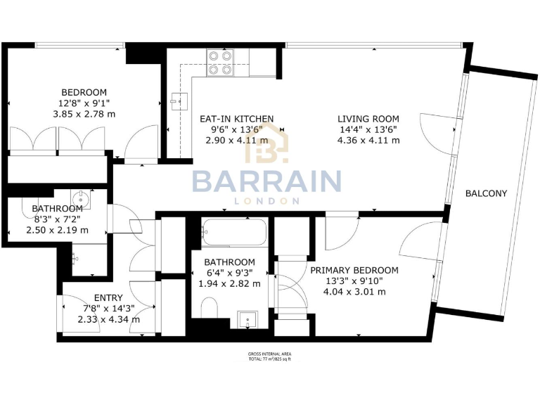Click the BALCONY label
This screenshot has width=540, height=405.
click(x=486, y=193)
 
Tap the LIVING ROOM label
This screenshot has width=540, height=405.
click(x=368, y=119)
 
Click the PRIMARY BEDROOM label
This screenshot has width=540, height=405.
click(x=354, y=270)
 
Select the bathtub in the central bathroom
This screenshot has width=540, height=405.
click(x=234, y=230)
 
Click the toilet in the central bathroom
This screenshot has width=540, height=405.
click(x=209, y=307)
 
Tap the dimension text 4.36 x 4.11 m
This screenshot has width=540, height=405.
click(x=368, y=140)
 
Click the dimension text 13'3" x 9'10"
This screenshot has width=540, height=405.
click(x=354, y=281)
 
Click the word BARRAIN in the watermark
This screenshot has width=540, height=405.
click(x=267, y=181)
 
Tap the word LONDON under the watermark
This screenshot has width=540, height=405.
click(x=267, y=200)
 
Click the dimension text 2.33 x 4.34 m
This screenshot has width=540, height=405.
click(x=108, y=319)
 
